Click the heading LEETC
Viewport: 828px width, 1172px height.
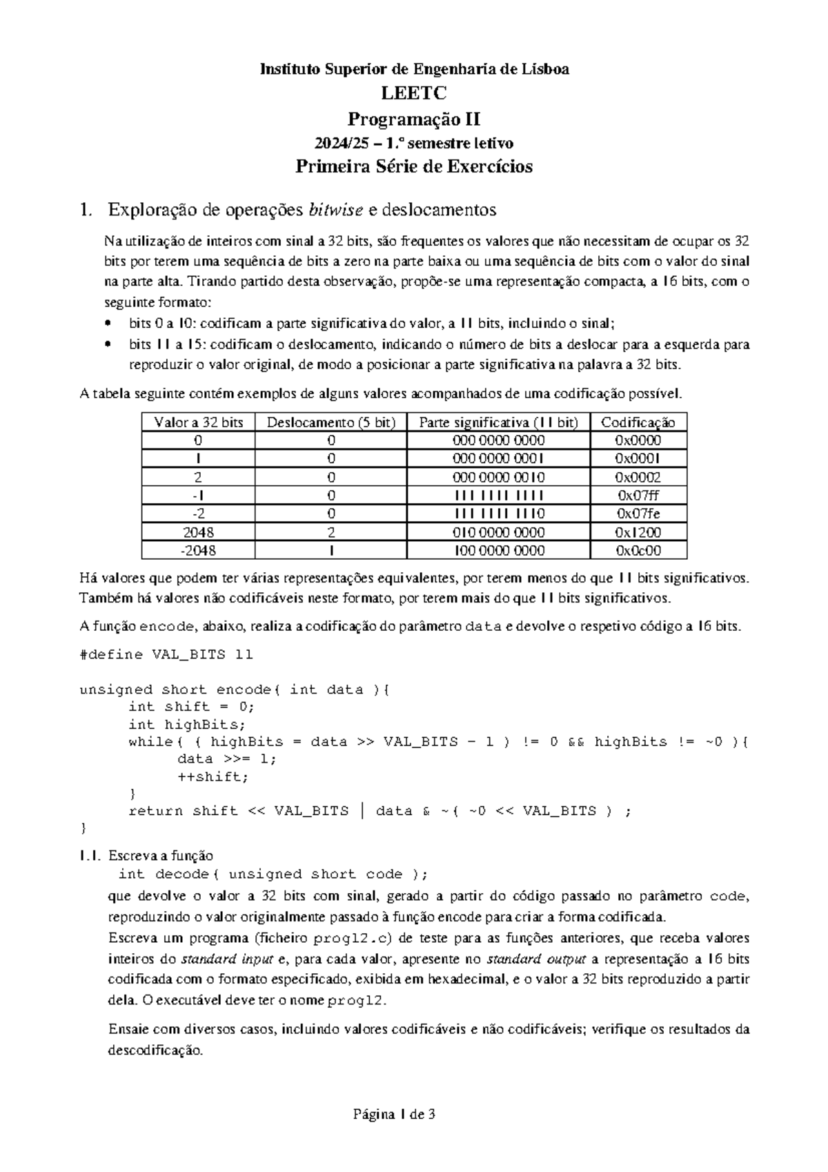coord(413,93)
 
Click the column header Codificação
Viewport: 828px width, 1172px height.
coord(638,422)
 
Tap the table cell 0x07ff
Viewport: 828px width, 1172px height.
coord(638,496)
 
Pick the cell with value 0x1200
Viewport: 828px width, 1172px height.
coord(638,532)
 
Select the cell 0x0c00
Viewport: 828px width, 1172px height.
coord(638,551)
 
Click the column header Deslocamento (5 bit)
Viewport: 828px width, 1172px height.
coord(331,422)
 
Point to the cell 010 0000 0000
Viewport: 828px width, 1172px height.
coord(498,532)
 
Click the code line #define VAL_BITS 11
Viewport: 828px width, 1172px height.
coord(166,654)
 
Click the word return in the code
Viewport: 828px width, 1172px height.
coord(156,811)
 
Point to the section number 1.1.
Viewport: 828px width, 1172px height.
coord(90,857)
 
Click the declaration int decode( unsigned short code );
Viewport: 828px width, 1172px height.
coord(273,875)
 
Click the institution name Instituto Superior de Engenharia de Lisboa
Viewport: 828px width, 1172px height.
coord(413,69)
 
